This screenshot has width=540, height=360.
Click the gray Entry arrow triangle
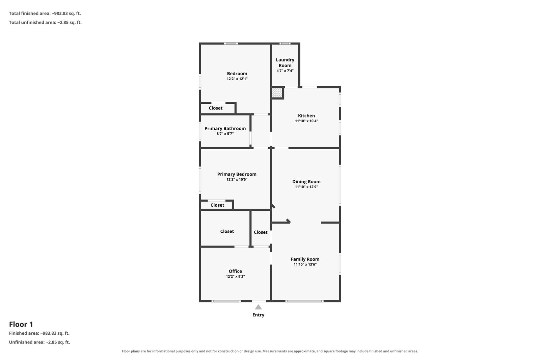point(258,307)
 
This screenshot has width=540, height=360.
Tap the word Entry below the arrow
point(258,315)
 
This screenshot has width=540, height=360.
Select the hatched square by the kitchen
point(277,93)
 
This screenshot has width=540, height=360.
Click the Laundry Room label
point(285,62)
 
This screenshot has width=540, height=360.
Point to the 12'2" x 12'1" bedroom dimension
point(237,79)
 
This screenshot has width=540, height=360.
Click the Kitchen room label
point(306,116)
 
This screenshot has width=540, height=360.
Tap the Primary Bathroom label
point(225,129)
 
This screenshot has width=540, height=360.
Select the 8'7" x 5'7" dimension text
point(225,134)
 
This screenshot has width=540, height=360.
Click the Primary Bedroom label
point(237,174)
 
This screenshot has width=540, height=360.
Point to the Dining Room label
point(306,182)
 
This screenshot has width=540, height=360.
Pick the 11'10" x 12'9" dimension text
point(306,187)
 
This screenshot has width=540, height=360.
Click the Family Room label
point(305,259)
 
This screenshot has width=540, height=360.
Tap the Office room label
point(235,272)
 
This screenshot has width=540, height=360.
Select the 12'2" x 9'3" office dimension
point(235,277)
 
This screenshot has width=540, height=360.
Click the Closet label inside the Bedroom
point(216,108)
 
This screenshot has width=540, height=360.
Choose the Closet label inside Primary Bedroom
point(217,205)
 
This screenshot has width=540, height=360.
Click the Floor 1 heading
point(21,324)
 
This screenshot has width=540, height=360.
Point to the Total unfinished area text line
point(45,22)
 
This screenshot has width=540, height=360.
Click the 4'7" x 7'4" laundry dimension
point(285,71)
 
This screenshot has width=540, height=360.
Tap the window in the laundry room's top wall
point(285,44)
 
